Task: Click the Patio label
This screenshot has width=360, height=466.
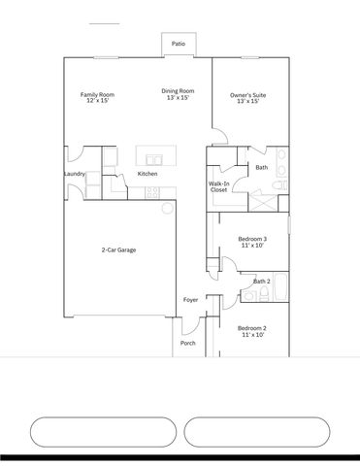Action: click(x=179, y=44)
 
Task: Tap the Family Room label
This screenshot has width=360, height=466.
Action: click(x=97, y=97)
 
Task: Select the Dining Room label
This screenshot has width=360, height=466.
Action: click(x=178, y=94)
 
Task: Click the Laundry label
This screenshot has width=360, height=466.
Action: click(x=75, y=174)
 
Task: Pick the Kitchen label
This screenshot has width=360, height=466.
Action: click(x=147, y=174)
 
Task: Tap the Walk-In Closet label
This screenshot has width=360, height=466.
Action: click(x=219, y=186)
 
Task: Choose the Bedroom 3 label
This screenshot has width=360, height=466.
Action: click(x=252, y=242)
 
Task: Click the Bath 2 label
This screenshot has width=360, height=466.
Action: click(x=261, y=282)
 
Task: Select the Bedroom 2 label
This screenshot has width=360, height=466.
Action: click(x=252, y=331)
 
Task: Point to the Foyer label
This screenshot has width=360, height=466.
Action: click(x=191, y=300)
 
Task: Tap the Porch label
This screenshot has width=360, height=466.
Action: click(x=188, y=343)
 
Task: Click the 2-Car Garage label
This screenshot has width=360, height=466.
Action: click(x=118, y=250)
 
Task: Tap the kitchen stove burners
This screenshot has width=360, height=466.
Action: click(x=152, y=192)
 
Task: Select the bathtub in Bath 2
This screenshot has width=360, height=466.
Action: click(x=280, y=288)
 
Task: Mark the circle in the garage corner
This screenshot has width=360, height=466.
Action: click(x=167, y=208)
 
